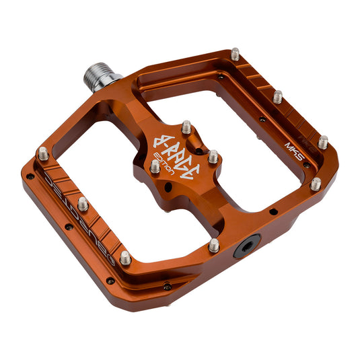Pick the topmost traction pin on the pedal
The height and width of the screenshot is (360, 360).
[236, 53]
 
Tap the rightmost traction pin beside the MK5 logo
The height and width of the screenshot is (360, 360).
[323, 142]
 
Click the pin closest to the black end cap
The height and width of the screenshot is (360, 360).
[213, 246]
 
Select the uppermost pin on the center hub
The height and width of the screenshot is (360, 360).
[186, 127]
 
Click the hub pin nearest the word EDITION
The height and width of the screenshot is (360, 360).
[155, 166]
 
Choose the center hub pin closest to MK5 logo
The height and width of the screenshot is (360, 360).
[213, 157]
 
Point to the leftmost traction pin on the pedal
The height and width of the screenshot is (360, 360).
[43, 153]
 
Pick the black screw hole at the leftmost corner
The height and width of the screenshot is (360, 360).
[29, 176]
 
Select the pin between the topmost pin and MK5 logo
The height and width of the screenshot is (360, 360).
[277, 96]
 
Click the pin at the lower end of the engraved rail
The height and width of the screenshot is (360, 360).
[125, 257]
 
